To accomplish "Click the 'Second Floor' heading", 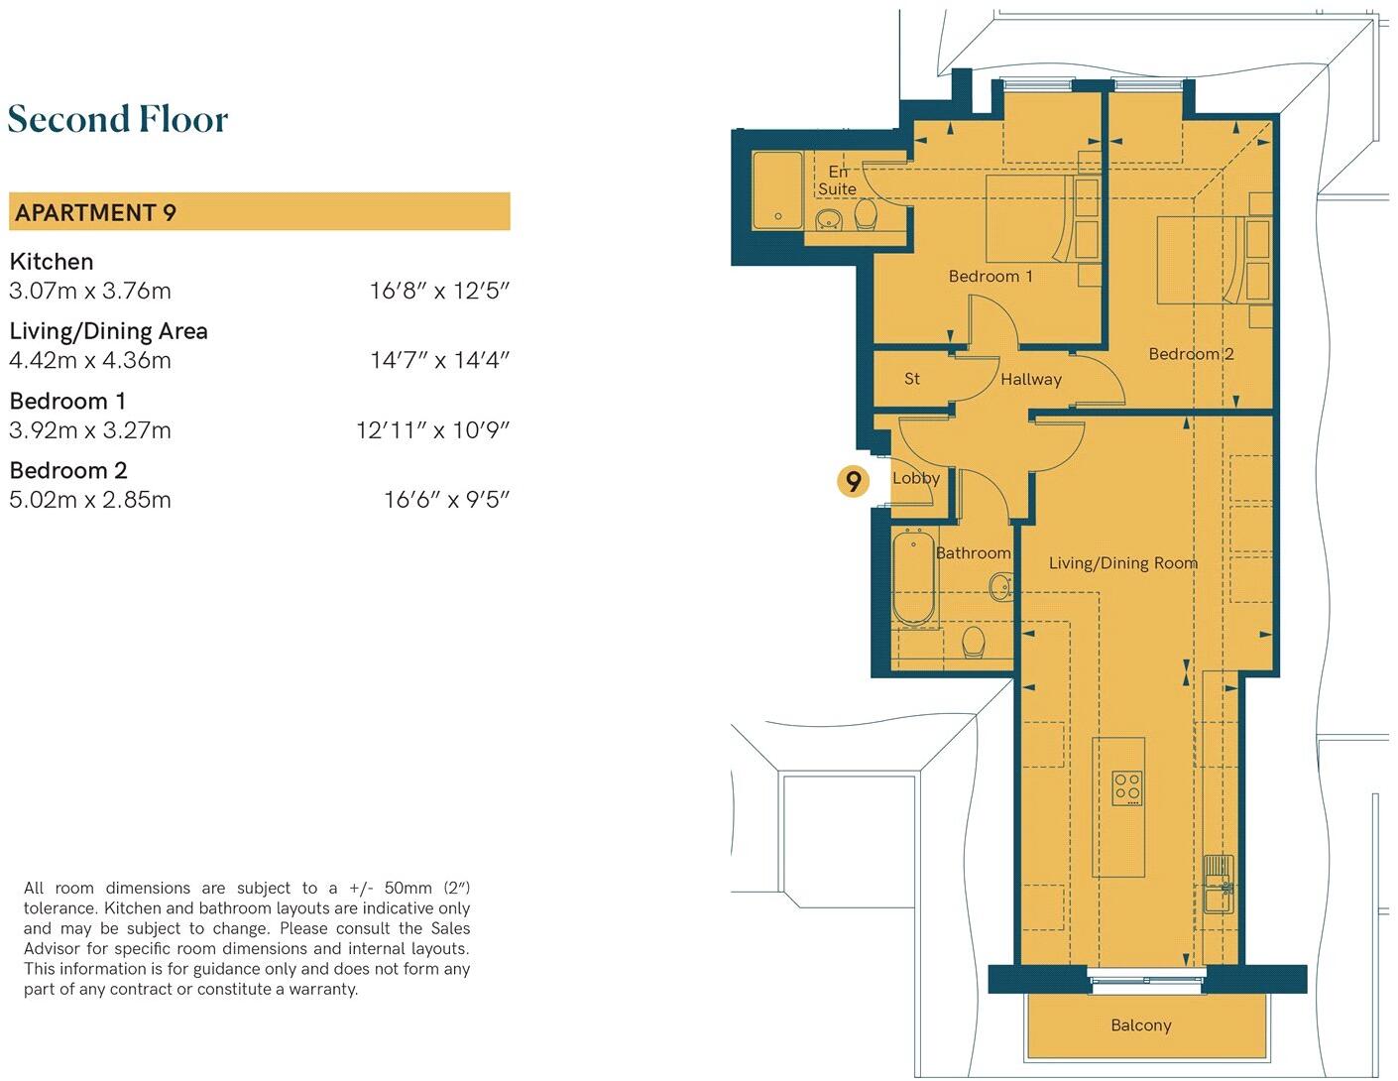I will (x=118, y=120).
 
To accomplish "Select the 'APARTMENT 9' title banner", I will (x=259, y=212).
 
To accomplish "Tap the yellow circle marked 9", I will (x=853, y=481).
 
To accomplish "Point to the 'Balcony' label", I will (x=1140, y=1025).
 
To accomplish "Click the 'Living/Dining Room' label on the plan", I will (x=1122, y=563).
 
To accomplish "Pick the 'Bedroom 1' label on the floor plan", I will (x=990, y=277).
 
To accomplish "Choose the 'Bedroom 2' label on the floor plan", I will (x=1190, y=354).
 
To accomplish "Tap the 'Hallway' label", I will (x=1030, y=379).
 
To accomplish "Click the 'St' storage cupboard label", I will (x=912, y=379).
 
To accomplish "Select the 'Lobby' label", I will (x=915, y=478).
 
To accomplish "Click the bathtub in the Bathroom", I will (x=913, y=579).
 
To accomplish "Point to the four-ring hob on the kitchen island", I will (x=1126, y=787).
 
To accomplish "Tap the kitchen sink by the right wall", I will (x=1217, y=886).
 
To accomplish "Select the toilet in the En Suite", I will (x=865, y=214).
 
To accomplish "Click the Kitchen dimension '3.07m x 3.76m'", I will (x=90, y=292).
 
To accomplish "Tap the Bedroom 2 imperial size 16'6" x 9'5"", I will (x=446, y=500).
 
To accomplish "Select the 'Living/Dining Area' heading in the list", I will (x=108, y=331).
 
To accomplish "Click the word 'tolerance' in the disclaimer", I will (x=59, y=908).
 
